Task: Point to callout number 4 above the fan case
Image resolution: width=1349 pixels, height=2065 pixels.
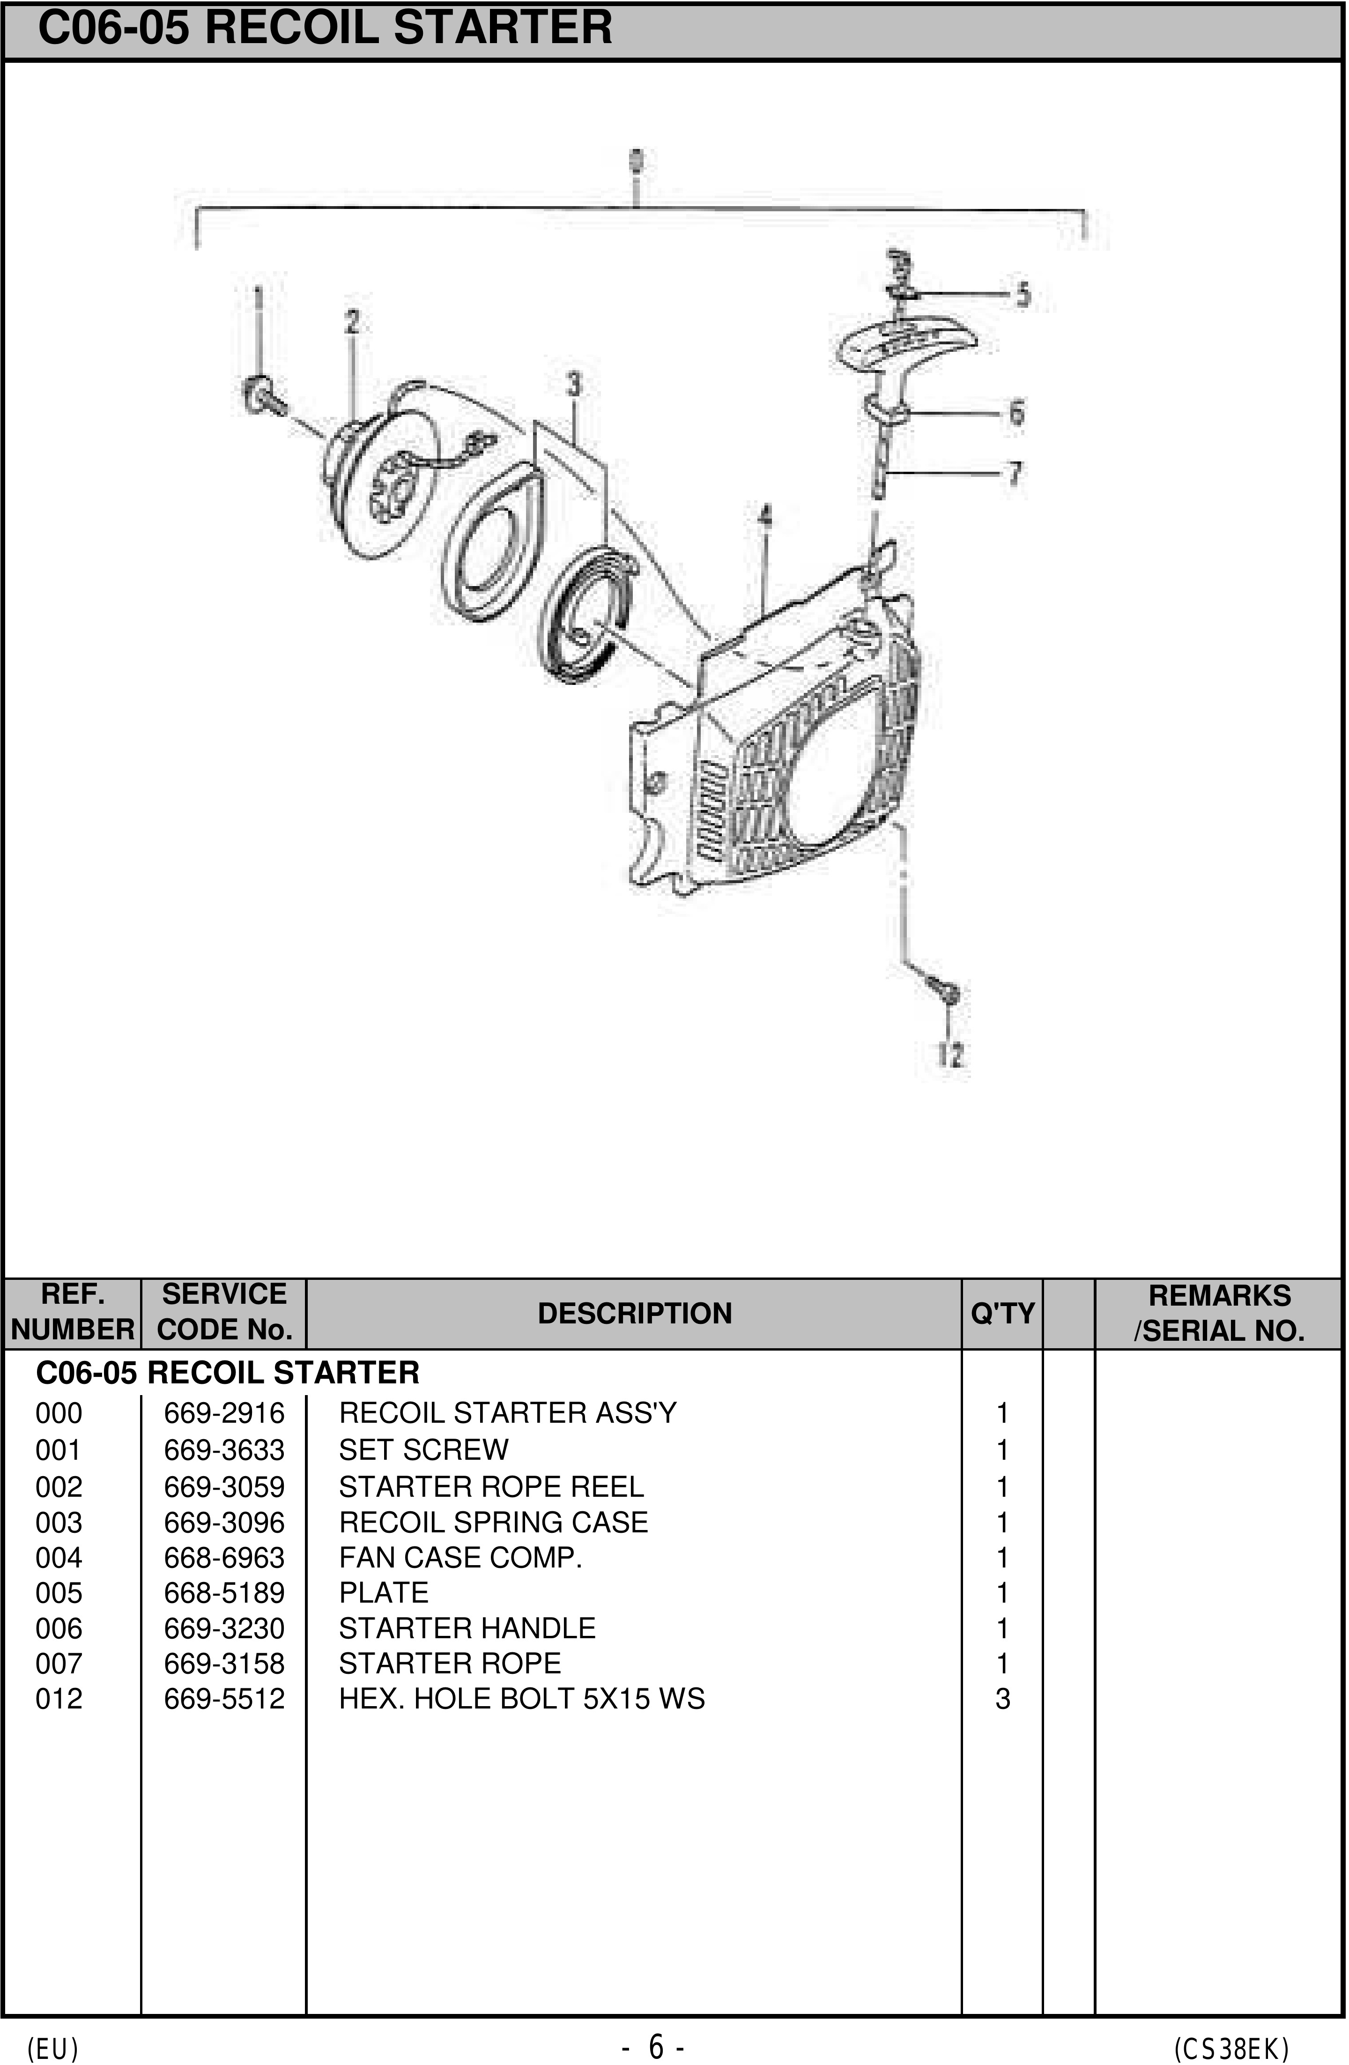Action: (x=764, y=517)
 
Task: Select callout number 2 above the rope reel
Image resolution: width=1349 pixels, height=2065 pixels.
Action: (x=351, y=322)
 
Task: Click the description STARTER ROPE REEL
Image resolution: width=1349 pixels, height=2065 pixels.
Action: (x=491, y=1486)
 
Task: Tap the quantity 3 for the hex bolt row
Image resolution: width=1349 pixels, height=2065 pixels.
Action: (x=1002, y=1699)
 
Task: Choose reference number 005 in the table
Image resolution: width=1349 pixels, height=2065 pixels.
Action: (x=59, y=1593)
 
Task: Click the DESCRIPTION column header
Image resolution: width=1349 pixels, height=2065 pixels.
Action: (x=634, y=1314)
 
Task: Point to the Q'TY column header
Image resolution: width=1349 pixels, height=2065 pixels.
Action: (x=1002, y=1314)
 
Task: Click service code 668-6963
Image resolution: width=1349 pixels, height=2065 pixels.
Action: (x=224, y=1558)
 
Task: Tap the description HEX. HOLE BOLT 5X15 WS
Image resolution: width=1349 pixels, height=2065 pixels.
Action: (x=521, y=1699)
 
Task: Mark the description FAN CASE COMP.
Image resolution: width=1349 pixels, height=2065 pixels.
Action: (x=460, y=1558)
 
